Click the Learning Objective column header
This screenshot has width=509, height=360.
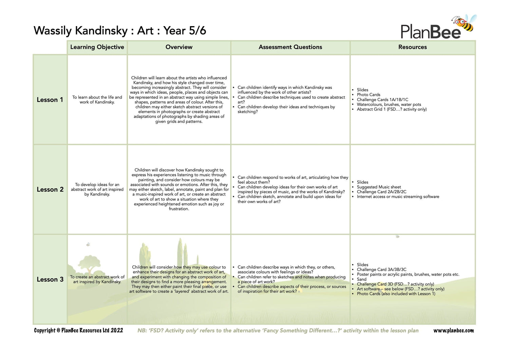pos(97,47)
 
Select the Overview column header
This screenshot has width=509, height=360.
pos(179,47)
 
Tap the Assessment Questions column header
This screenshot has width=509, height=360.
pos(290,47)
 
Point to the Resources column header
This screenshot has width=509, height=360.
pos(412,47)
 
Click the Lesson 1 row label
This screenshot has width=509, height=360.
pos(50,100)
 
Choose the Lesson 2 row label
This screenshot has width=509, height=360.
pos(50,190)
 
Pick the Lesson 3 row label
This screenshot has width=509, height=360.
pos(50,280)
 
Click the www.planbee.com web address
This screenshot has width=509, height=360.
pos(453,330)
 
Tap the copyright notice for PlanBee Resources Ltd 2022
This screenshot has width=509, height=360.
pos(78,330)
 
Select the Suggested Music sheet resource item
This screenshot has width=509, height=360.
pos(379,187)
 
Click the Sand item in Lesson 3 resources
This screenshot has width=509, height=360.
pos(361,279)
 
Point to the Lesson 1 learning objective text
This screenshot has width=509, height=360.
pos(97,100)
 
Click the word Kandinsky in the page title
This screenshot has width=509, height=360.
pos(101,31)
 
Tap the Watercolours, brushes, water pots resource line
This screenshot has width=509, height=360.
pos(389,105)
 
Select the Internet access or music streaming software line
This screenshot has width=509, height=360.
pos(398,196)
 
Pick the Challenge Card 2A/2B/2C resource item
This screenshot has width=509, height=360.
pos(381,192)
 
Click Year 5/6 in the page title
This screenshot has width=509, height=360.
pos(185,31)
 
